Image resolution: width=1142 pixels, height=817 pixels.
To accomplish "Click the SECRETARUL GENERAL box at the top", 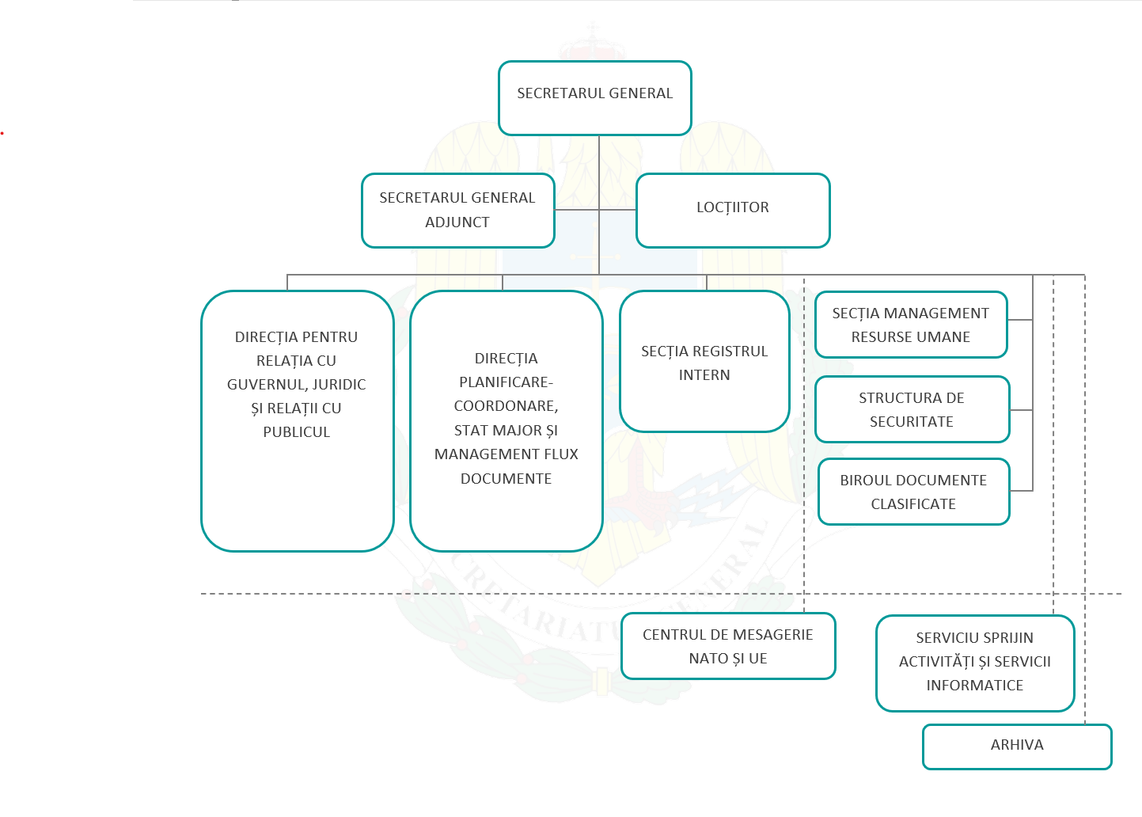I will point(594,98).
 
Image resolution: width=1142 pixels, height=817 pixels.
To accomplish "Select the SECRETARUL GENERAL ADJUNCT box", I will point(457,211).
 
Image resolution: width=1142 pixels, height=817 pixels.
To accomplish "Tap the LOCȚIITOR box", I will point(732,211).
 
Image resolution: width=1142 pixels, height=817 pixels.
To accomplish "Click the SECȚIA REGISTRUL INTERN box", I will point(704,362).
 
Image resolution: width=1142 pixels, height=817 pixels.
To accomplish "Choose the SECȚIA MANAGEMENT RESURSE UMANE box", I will point(910,325).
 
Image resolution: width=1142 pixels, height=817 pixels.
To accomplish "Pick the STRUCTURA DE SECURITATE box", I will point(912,409).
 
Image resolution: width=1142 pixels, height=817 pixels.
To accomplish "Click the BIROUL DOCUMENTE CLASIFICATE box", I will point(913,492).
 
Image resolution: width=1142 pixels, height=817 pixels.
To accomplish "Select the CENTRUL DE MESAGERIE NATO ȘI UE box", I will point(727,646).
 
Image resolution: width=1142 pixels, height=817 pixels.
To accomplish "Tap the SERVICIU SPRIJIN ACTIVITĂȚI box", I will point(974,662).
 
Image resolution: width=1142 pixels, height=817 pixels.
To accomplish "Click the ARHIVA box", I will point(1017,746).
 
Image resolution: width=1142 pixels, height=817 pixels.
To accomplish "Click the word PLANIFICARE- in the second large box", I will point(506,382).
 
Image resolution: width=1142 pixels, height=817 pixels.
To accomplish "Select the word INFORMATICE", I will point(974,686).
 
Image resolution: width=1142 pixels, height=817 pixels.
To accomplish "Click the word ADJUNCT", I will point(457,222).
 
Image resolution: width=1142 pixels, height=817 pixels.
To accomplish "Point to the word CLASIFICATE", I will point(913,504).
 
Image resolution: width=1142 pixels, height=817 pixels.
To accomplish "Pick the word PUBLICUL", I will point(296,432).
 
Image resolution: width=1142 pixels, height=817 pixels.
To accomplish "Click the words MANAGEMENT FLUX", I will point(506,454).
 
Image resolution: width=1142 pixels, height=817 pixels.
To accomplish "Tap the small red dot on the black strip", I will point(2,133).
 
